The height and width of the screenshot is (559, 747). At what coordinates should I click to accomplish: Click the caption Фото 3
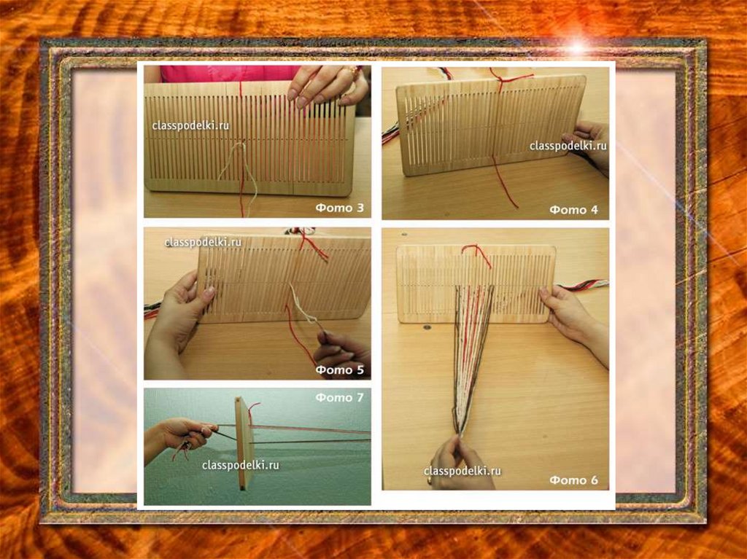click(340, 208)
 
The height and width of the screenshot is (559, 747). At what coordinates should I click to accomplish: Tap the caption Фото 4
click(573, 209)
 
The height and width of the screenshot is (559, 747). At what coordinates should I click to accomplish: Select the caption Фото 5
click(340, 370)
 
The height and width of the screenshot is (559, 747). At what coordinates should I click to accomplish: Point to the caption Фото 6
click(573, 480)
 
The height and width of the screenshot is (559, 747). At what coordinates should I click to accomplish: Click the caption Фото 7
click(340, 397)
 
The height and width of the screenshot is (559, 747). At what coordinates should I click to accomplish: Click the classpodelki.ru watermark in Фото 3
click(190, 125)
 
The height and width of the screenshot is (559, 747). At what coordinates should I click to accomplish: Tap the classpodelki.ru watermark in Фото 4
click(568, 146)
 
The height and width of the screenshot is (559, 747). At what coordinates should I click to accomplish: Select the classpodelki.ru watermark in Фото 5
click(203, 243)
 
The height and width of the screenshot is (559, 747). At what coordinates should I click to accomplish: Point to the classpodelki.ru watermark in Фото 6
click(462, 471)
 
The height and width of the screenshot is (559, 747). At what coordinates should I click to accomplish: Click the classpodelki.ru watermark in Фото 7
click(240, 465)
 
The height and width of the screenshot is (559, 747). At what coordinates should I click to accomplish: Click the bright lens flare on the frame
click(578, 47)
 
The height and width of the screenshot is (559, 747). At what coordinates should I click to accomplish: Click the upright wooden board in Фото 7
click(244, 444)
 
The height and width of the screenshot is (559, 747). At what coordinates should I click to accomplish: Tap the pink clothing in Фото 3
click(228, 74)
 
